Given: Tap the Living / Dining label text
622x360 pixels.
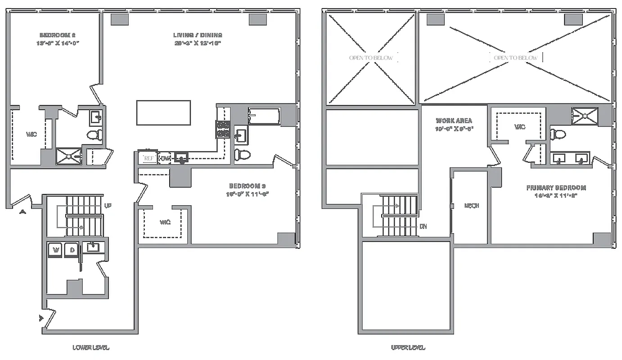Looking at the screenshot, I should (198, 35).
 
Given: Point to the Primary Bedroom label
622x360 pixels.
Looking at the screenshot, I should (556, 188).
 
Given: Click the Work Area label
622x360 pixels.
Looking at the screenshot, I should (454, 121).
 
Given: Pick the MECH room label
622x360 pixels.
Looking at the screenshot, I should (471, 206).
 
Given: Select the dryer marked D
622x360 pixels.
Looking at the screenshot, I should (71, 250).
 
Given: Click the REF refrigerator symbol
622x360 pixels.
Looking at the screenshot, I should (148, 158).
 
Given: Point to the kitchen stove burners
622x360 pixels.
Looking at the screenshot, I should (223, 129).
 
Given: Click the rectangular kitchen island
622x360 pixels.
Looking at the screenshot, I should (163, 112).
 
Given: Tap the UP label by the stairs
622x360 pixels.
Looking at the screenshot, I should (108, 206).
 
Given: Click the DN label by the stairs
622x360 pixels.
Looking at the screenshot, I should (423, 226).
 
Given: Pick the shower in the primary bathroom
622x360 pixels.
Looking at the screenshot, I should (585, 116).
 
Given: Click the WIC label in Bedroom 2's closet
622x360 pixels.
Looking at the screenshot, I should (31, 135).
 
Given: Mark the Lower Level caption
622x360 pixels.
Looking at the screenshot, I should (91, 347).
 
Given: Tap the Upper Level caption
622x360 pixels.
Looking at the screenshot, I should (408, 347).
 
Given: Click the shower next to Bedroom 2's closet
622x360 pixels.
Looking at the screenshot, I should (68, 156).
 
